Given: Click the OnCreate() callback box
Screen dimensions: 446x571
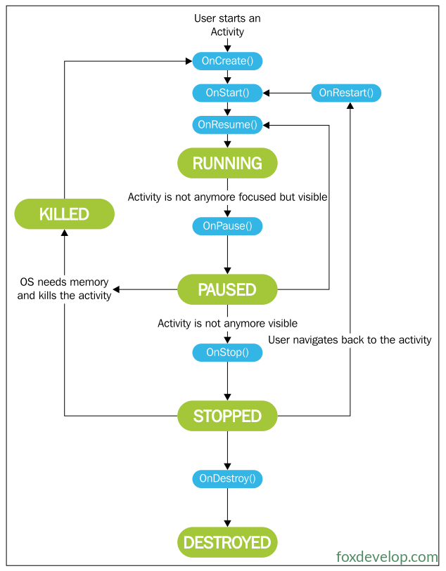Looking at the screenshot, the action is (x=227, y=61).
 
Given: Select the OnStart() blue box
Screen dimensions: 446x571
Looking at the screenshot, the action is (x=227, y=93).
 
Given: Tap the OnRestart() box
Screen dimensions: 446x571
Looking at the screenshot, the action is (x=346, y=93).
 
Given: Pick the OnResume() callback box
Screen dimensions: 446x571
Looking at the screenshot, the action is (x=227, y=125).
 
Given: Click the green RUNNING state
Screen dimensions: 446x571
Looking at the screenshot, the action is (x=227, y=163).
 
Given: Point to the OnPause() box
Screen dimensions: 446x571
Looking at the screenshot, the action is (x=227, y=226).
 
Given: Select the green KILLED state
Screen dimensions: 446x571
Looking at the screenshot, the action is (x=64, y=214).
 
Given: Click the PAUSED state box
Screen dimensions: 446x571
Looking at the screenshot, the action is (x=227, y=289).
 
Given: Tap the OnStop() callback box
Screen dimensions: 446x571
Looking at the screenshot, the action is (x=227, y=353).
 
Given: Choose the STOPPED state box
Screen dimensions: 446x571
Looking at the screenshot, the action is (x=227, y=416).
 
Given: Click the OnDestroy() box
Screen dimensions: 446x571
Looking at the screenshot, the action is (x=227, y=478).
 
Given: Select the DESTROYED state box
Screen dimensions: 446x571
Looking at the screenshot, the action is (x=227, y=542).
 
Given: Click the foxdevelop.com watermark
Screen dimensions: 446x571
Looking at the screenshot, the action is (x=387, y=557).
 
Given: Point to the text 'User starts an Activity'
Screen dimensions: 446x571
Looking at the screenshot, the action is (x=227, y=25).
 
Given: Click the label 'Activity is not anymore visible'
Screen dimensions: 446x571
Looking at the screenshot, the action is (x=227, y=323).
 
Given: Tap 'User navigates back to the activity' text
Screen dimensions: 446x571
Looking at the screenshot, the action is (x=350, y=340).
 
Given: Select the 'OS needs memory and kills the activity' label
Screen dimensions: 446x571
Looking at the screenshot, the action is (x=64, y=289).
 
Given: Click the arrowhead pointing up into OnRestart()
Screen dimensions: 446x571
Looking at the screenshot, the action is (x=350, y=105).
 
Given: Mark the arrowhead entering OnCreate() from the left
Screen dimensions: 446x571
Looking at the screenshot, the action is (x=189, y=61).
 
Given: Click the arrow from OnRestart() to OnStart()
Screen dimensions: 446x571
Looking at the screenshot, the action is (x=287, y=93).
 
